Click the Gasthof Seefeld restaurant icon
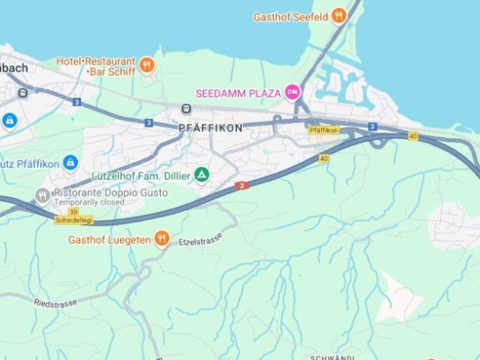(x=339, y=15)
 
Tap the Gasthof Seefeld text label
(x=291, y=16)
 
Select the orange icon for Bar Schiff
(x=147, y=65)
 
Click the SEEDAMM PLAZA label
(x=238, y=93)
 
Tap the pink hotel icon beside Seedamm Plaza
(x=292, y=93)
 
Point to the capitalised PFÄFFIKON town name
(x=211, y=128)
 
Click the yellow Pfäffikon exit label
(x=324, y=130)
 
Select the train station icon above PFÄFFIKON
(x=185, y=109)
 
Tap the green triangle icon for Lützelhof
(x=201, y=175)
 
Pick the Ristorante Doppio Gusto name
(x=110, y=193)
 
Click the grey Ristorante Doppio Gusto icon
(x=42, y=196)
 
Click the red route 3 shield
(x=241, y=185)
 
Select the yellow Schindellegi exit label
(x=73, y=220)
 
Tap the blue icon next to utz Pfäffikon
(x=70, y=162)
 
